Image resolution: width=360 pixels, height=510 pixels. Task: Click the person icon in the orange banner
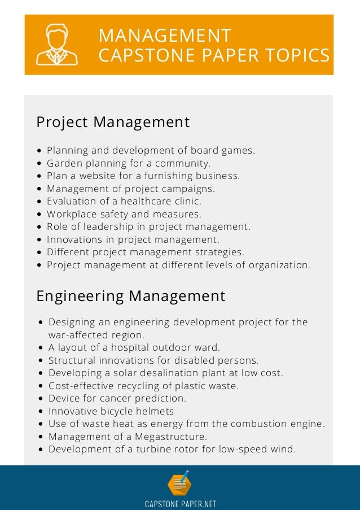pos(57,45)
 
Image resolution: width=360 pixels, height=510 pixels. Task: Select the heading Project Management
pos(113,122)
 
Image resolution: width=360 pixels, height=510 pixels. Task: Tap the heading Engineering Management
pos(131,296)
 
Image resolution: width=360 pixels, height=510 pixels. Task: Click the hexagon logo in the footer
pos(179,484)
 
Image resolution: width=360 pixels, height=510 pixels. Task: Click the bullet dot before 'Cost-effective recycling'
pos(42,386)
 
